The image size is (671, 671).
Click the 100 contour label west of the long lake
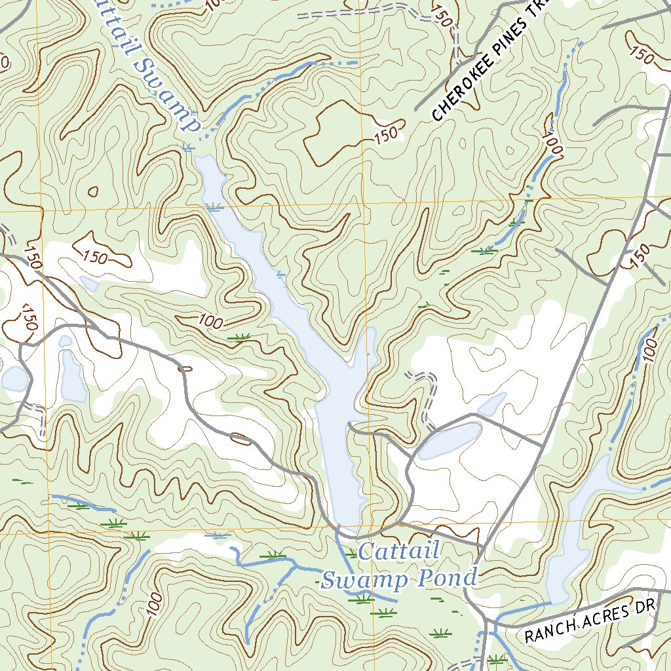pyautogui.click(x=210, y=321)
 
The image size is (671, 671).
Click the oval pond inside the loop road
pyautogui.click(x=450, y=440)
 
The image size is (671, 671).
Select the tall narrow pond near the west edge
pyautogui.click(x=73, y=377)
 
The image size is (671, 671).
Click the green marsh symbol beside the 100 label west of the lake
pyautogui.click(x=241, y=338)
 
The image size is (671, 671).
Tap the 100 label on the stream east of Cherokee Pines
pyautogui.click(x=552, y=144)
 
